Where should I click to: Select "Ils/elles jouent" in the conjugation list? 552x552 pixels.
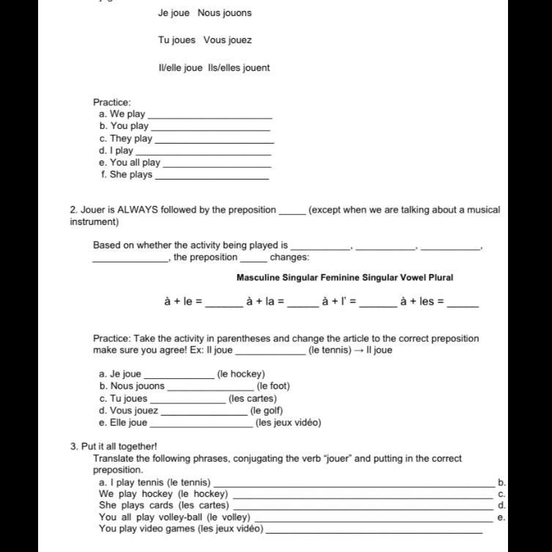(x=239, y=68)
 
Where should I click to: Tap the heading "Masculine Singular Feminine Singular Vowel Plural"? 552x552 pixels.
(x=345, y=278)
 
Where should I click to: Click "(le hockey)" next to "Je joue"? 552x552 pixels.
(x=241, y=374)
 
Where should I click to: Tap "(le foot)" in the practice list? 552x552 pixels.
(x=273, y=386)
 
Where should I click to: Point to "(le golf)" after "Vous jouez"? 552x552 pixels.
(x=266, y=411)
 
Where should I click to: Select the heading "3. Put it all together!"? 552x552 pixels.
(x=114, y=446)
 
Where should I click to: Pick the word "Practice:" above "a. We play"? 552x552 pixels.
(x=112, y=103)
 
